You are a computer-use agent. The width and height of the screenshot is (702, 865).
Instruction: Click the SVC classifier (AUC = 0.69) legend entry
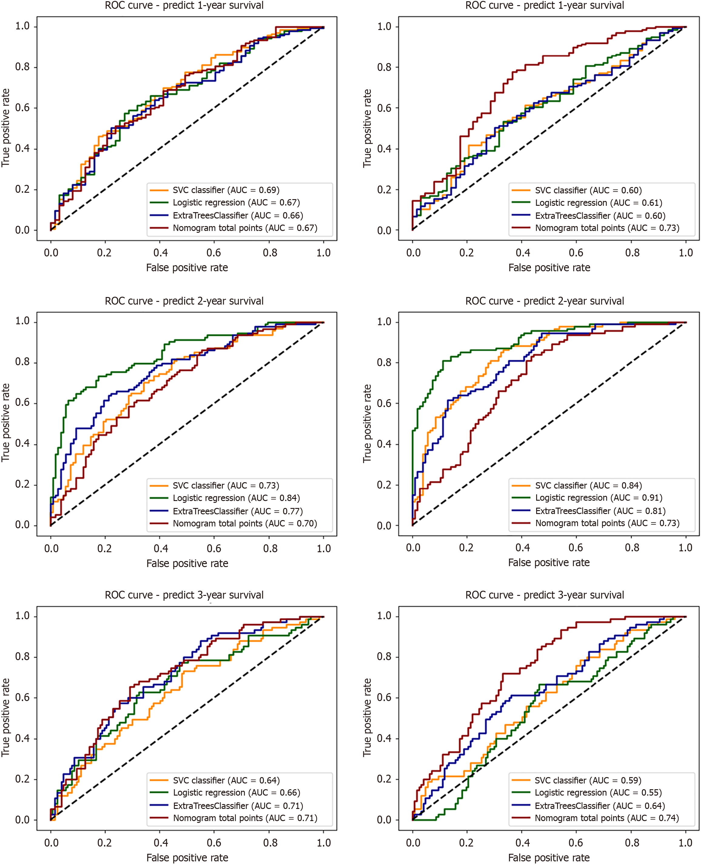coord(226,190)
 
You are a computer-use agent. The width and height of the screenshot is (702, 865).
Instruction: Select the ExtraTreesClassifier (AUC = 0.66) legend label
coord(238,215)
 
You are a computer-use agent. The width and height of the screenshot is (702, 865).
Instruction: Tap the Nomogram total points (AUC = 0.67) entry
coord(245,228)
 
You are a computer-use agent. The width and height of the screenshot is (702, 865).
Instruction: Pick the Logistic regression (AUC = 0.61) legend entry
coord(599,203)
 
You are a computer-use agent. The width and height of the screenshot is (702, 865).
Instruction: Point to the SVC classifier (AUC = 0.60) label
coord(588,190)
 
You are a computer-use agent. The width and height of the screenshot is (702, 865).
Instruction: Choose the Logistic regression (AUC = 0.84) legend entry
coord(236,498)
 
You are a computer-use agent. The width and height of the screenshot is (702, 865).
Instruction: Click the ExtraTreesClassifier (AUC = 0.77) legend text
coord(238,511)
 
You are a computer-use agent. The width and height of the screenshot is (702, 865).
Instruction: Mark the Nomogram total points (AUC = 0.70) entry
coord(245,523)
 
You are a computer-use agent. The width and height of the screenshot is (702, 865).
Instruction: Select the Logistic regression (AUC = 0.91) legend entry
coord(599,498)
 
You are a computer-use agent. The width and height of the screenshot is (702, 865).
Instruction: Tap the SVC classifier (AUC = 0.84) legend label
coord(588,486)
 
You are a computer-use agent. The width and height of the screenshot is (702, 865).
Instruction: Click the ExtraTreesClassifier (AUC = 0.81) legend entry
coord(600,511)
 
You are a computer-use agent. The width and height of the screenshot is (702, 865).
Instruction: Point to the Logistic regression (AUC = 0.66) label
coord(237,793)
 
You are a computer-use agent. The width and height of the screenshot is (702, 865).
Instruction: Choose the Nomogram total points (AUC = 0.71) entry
coord(245,818)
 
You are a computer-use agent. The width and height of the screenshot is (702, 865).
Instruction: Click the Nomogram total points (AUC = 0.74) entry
coord(606,818)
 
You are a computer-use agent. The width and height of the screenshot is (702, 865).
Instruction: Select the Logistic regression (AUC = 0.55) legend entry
coord(598,793)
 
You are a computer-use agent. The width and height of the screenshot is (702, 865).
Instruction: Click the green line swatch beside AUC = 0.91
coord(521,498)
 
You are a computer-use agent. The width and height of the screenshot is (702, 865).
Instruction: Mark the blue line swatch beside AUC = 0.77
coord(159,511)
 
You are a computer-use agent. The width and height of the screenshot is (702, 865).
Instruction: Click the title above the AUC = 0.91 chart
coord(544,301)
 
